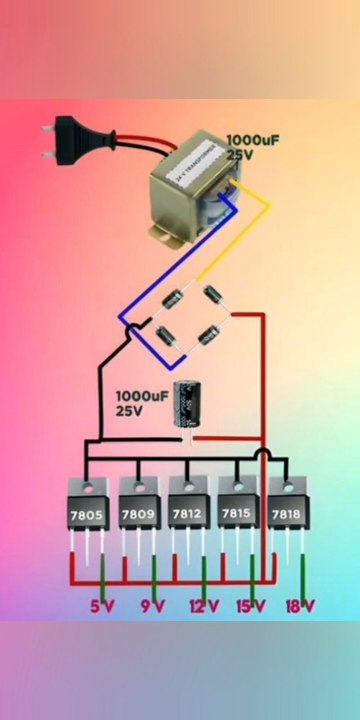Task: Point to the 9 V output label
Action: pyautogui.click(x=152, y=605)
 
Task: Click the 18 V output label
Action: pyautogui.click(x=300, y=605)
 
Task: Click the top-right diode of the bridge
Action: pyautogui.click(x=213, y=295)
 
